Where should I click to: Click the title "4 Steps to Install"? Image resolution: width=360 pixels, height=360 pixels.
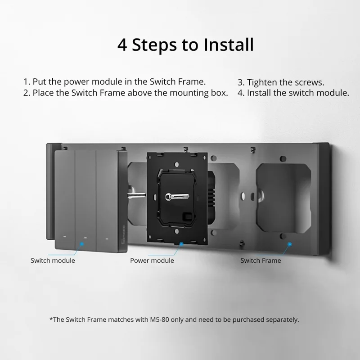[185, 45]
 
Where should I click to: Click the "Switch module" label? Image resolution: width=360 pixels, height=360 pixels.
[53, 261]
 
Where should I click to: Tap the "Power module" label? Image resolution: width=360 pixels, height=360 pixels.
[152, 261]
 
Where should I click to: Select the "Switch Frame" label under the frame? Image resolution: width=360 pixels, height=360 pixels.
[261, 261]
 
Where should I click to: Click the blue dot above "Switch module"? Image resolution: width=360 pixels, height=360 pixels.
[82, 244]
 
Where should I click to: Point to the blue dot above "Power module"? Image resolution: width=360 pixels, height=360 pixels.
[181, 244]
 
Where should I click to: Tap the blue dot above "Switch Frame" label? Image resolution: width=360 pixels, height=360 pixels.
[289, 244]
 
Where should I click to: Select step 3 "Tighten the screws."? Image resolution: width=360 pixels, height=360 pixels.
[281, 82]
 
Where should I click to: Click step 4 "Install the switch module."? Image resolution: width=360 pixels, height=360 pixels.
[293, 93]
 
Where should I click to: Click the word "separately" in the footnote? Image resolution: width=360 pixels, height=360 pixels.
[280, 319]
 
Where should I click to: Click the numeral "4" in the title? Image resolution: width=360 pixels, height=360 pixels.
[122, 45]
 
